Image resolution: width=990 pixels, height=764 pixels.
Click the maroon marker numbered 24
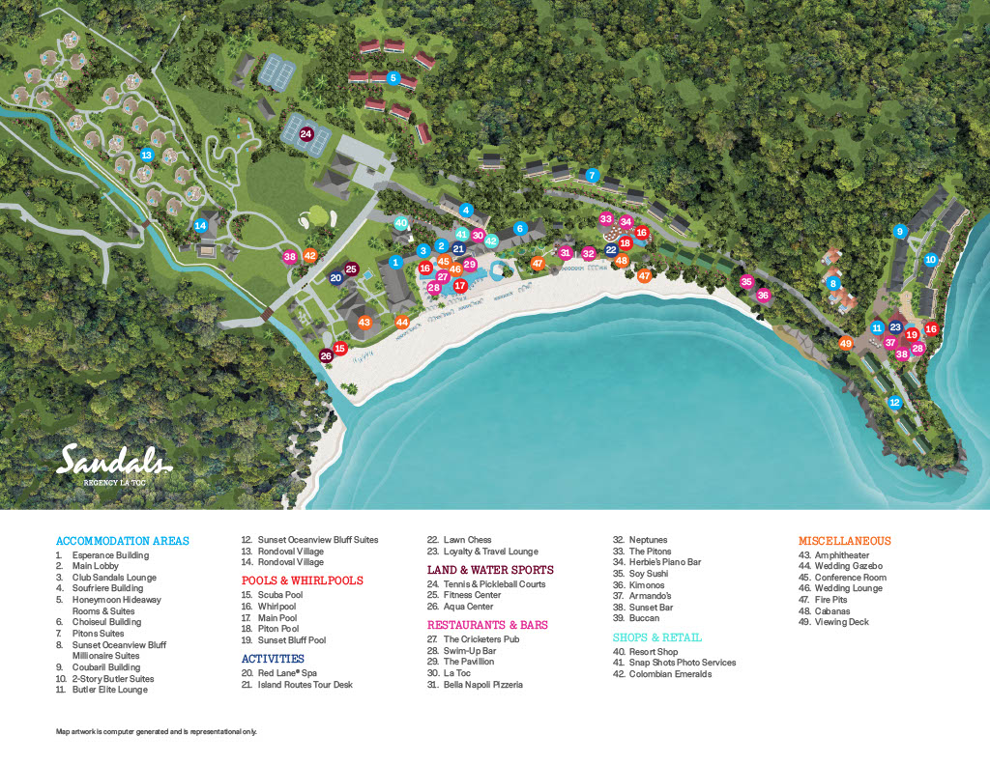coord(306,134)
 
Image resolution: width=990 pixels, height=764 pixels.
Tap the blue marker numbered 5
coord(393,77)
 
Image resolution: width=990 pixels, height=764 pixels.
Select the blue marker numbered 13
coord(147,155)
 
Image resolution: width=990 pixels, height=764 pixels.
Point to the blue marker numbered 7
coord(592,176)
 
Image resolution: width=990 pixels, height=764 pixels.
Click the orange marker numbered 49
coord(846,343)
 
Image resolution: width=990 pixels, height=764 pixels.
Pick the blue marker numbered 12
coord(894,402)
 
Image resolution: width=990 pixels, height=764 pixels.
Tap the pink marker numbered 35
coord(746,282)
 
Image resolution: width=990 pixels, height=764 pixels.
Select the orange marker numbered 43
coord(364,323)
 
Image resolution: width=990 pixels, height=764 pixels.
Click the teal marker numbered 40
coord(401,223)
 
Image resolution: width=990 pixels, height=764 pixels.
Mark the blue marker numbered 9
coord(899,231)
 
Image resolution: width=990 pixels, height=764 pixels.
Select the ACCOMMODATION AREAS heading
coord(123,541)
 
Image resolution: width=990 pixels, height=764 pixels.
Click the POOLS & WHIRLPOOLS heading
coord(302,580)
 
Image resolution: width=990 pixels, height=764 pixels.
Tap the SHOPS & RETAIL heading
coord(656,637)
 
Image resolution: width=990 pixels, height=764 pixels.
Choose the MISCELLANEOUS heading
coord(844,541)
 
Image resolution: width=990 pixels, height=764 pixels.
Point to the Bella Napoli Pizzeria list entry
coord(475,685)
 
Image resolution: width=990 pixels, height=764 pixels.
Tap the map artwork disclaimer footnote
coord(156,732)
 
